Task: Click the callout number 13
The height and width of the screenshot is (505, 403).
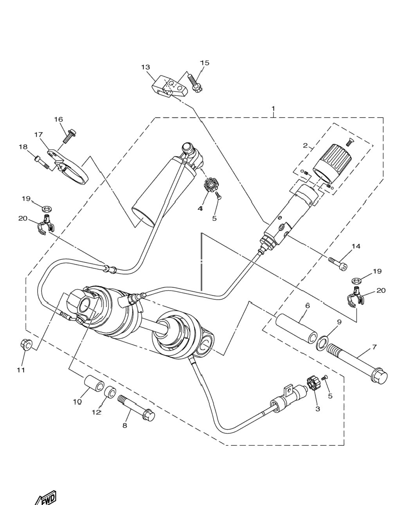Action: tap(146, 67)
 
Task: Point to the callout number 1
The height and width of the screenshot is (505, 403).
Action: tap(273, 109)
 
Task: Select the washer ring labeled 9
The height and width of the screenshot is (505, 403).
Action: tap(322, 343)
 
